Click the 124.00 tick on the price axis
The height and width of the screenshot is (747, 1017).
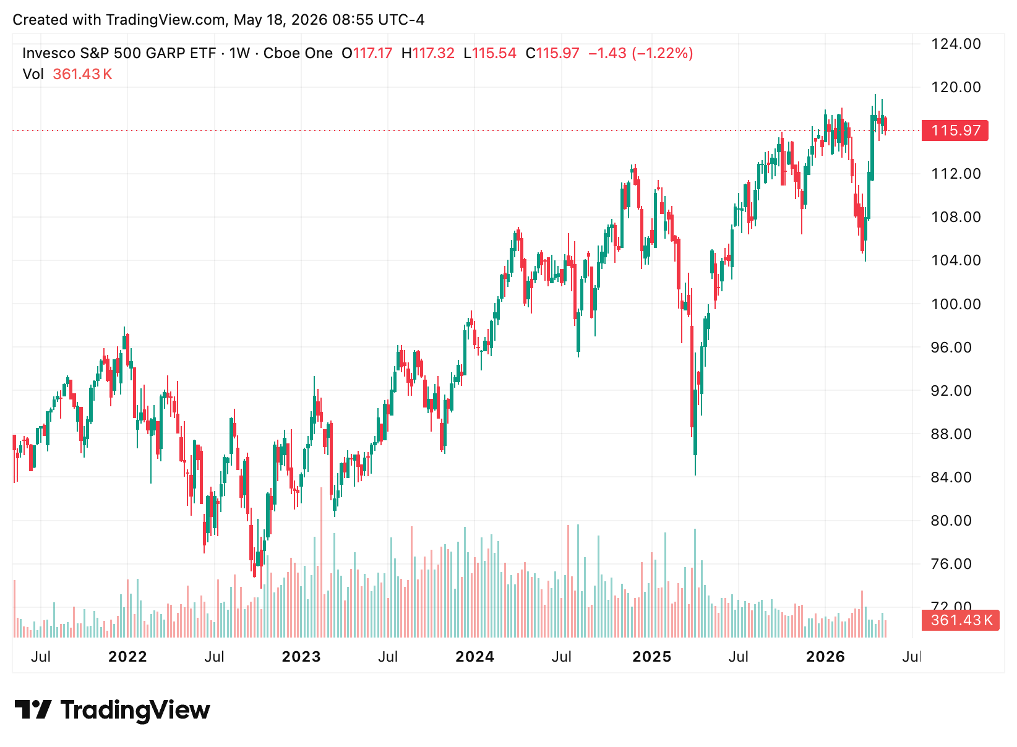[x=956, y=44]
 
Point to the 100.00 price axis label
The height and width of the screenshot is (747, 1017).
[x=956, y=304]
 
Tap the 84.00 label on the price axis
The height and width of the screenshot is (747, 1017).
[x=951, y=477]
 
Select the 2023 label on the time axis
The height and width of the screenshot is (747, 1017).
[x=301, y=657]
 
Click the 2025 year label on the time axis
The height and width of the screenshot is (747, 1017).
[x=651, y=657]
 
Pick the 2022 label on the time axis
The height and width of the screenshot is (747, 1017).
[x=127, y=657]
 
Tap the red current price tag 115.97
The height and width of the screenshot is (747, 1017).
[x=955, y=130]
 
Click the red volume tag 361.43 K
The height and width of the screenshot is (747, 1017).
[x=960, y=620]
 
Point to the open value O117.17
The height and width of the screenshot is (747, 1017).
[x=367, y=54]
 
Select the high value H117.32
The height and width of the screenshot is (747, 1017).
[x=427, y=54]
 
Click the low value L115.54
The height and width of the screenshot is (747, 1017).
[x=490, y=54]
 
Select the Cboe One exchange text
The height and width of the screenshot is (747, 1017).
[x=298, y=54]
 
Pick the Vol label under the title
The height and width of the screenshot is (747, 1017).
[x=33, y=74]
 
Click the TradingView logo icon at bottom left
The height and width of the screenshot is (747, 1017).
[x=33, y=710]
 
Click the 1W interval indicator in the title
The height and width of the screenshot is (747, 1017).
[x=239, y=54]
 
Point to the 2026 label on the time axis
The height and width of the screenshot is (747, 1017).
[x=825, y=657]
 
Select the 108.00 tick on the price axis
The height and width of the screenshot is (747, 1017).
[x=956, y=218]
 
